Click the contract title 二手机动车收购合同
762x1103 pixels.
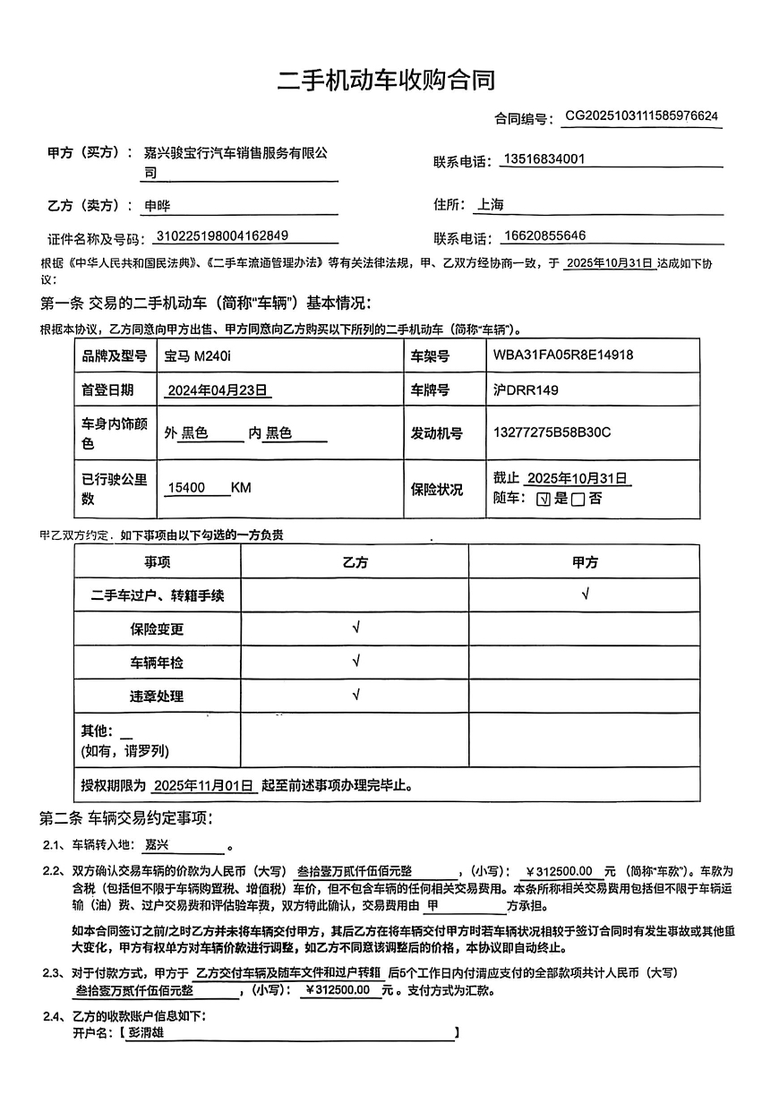click(x=385, y=80)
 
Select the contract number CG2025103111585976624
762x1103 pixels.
click(x=641, y=116)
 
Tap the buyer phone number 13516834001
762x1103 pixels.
click(x=544, y=159)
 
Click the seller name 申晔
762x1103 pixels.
click(x=158, y=205)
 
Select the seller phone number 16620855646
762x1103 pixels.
click(x=544, y=235)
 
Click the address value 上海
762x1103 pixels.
click(x=491, y=204)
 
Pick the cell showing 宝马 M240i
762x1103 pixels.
click(x=198, y=355)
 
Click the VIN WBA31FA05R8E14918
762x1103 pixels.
click(x=563, y=355)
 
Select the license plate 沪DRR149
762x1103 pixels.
click(x=525, y=390)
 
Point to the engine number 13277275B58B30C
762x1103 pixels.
click(x=552, y=432)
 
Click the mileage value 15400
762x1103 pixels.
click(x=187, y=488)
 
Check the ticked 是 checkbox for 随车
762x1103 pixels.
click(x=543, y=500)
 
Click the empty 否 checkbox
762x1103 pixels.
click(x=578, y=500)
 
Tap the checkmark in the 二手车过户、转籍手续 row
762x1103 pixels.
click(x=585, y=594)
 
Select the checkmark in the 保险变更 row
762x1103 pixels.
click(x=356, y=628)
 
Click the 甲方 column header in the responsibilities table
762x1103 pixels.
click(x=585, y=562)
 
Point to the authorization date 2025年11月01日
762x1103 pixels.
click(x=204, y=786)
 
